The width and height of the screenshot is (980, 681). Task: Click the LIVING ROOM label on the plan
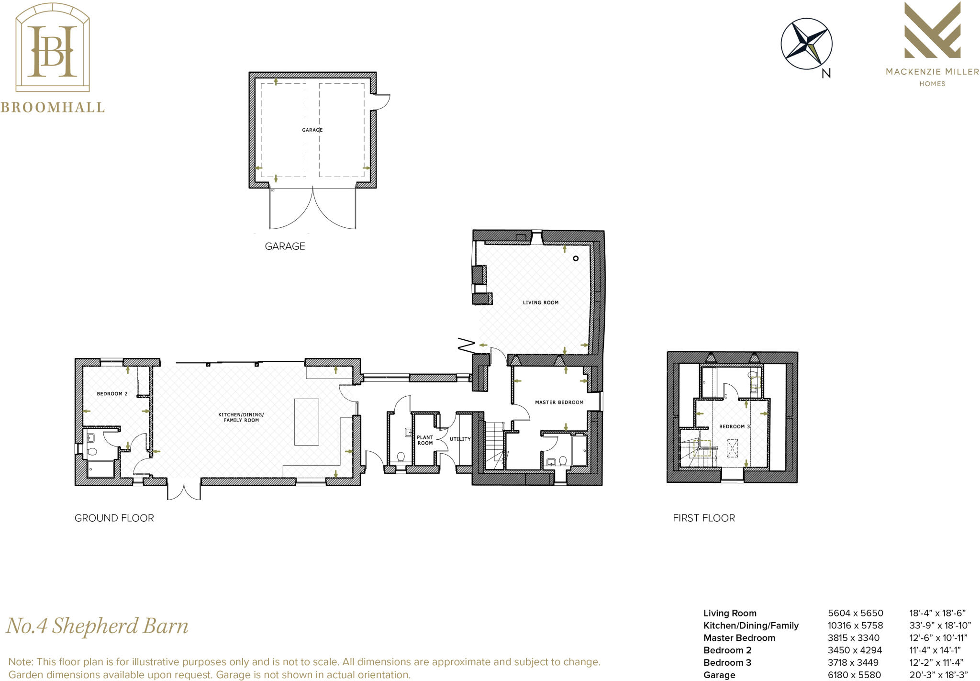[x=540, y=302]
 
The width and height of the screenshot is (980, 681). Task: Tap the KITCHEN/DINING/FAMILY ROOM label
[x=241, y=417]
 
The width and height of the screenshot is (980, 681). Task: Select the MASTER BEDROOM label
[x=559, y=402]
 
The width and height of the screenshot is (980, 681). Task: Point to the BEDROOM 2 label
[x=112, y=394]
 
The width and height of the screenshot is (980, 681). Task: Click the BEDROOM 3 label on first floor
[x=735, y=426]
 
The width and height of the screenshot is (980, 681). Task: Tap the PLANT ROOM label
[x=425, y=440]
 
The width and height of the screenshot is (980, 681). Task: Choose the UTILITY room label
[x=460, y=439]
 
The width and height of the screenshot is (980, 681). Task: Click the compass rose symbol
[x=806, y=44]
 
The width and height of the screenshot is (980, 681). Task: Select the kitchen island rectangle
[x=306, y=422]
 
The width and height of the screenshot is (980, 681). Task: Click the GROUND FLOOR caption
[x=114, y=518]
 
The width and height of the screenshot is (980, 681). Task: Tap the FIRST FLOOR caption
[x=703, y=518]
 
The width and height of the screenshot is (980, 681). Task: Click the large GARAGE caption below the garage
[x=285, y=246]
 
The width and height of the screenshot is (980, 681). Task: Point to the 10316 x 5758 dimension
[x=855, y=625]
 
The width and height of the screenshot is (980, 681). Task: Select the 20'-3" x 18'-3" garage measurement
[x=938, y=675]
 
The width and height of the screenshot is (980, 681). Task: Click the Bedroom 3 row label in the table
[x=727, y=662]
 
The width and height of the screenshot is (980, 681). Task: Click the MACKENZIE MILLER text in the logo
[x=932, y=72]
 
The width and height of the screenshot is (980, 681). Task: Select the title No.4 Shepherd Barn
[x=97, y=626]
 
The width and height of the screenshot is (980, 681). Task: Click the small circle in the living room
[x=576, y=258]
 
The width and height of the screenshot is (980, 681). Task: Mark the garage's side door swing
[x=382, y=102]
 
